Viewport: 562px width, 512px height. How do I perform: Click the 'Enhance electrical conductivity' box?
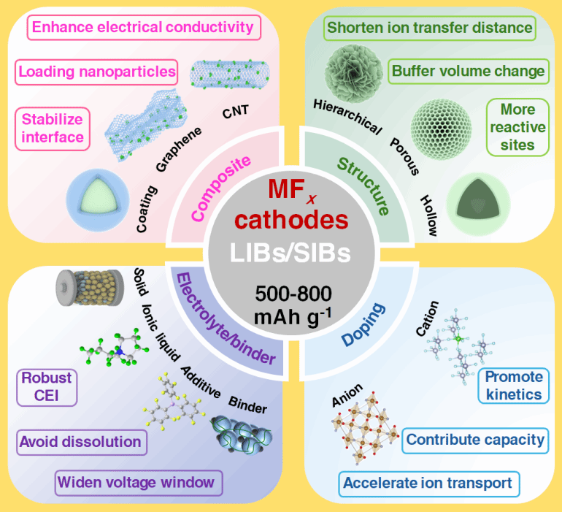pyautogui.click(x=143, y=28)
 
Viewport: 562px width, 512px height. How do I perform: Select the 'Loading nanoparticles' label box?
pyautogui.click(x=97, y=72)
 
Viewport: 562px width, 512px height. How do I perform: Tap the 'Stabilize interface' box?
pyautogui.click(x=52, y=127)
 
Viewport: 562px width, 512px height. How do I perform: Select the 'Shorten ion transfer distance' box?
pyautogui.click(x=429, y=28)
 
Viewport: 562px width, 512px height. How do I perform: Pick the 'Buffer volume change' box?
pyautogui.click(x=468, y=72)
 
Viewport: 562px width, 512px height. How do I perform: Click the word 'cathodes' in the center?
pyautogui.click(x=281, y=218)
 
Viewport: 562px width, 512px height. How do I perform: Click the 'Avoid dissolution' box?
pyautogui.click(x=80, y=441)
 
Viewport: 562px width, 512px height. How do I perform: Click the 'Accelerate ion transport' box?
pyautogui.click(x=428, y=483)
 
